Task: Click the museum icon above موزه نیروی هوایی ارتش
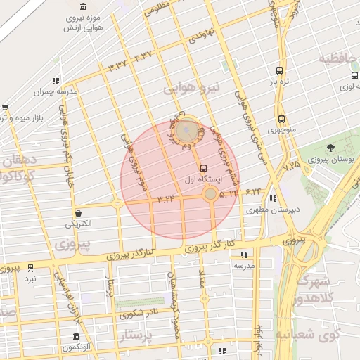point(84,6)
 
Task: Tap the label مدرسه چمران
point(55,91)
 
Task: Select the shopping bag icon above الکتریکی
point(77,213)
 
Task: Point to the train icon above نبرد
point(30,268)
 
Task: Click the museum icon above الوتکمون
point(76,336)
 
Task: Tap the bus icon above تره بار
point(280,70)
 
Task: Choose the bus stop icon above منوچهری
point(281,120)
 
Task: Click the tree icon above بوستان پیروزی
point(330,148)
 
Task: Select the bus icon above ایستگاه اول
point(203,168)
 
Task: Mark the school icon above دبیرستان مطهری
point(272,198)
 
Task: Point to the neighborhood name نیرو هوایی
point(191,88)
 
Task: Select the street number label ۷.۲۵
point(291,167)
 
